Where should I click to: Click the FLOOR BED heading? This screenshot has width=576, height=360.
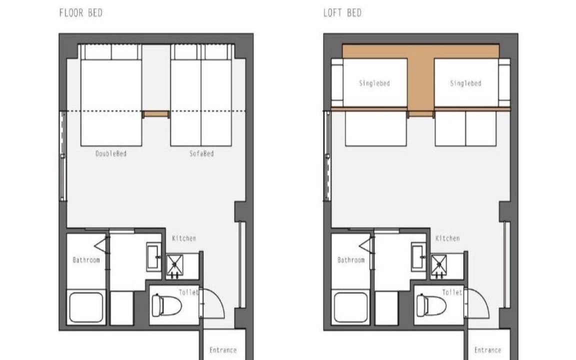(81, 13)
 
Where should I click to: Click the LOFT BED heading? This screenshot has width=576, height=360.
(342, 13)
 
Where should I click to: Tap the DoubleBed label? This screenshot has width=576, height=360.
(111, 153)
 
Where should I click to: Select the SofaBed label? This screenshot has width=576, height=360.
(201, 153)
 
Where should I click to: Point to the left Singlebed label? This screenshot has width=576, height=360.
(374, 83)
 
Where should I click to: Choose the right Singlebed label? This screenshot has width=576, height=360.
(466, 83)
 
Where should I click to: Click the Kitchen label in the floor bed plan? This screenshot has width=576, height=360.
(184, 238)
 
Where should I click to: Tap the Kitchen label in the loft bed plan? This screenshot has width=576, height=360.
(447, 238)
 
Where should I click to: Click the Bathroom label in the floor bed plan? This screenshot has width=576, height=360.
(86, 260)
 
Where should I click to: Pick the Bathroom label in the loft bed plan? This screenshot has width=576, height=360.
(351, 260)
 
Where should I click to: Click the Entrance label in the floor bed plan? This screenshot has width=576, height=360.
(223, 350)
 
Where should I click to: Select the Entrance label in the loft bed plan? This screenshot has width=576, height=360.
(488, 350)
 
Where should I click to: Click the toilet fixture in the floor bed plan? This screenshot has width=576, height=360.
(166, 305)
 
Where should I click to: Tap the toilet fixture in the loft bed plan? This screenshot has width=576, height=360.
(431, 305)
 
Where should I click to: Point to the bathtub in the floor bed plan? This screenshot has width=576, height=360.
(86, 307)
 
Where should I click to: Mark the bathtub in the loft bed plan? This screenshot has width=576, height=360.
(351, 307)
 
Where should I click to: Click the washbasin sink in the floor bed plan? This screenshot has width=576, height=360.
(154, 257)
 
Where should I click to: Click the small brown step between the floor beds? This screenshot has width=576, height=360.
(156, 114)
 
